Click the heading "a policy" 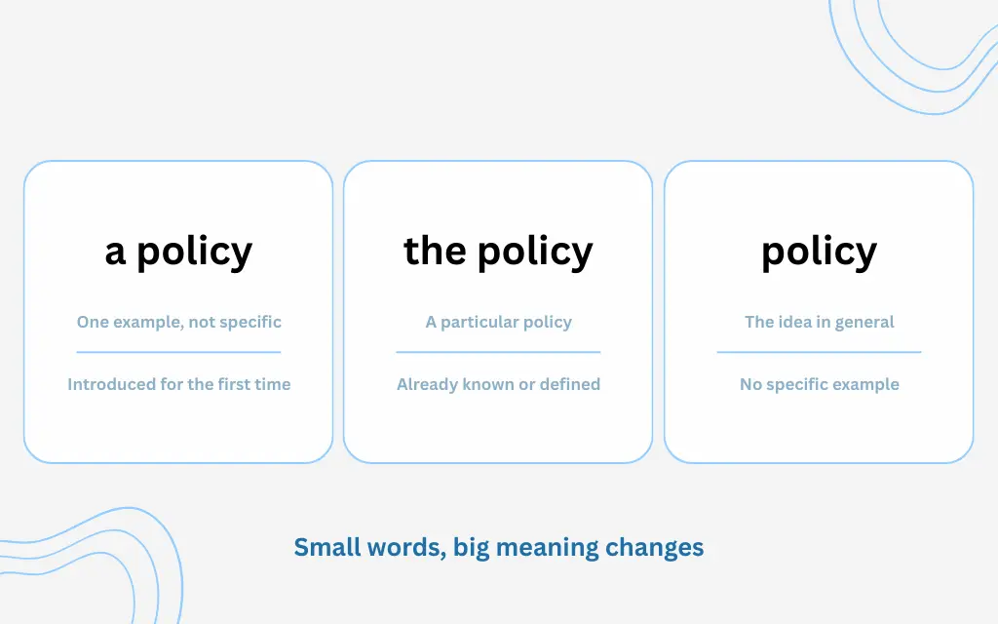[x=178, y=252]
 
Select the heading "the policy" [x=498, y=252]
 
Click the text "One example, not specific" [x=178, y=322]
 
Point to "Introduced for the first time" [x=178, y=384]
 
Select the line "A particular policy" [x=498, y=322]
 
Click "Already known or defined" [x=498, y=384]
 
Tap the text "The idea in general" [x=819, y=322]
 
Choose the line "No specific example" [x=819, y=384]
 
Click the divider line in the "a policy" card [x=178, y=352]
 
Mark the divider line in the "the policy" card [x=498, y=352]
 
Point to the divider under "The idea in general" [x=819, y=352]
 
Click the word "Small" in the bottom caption [x=326, y=547]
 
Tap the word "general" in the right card [x=864, y=322]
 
